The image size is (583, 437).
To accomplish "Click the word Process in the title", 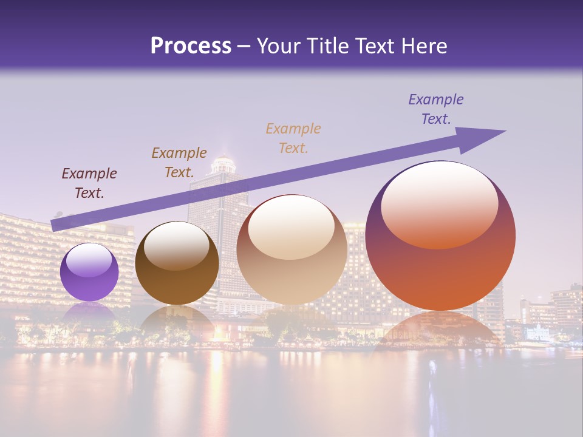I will tap(191, 46).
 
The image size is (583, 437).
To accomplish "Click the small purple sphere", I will tap(89, 273).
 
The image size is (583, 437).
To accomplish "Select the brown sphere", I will tap(177, 263).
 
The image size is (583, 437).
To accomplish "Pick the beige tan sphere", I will tap(291, 250).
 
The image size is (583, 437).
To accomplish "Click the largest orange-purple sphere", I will tap(440, 237).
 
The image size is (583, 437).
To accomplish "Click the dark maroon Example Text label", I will tap(89, 183).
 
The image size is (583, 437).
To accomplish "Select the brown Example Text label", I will tap(179, 163).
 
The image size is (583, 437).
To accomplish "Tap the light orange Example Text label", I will tap(293, 138).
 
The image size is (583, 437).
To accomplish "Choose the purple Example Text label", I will tap(436, 109).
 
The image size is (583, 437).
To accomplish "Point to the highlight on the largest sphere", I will tap(439, 205).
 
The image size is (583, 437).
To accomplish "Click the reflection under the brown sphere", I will tap(177, 319).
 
